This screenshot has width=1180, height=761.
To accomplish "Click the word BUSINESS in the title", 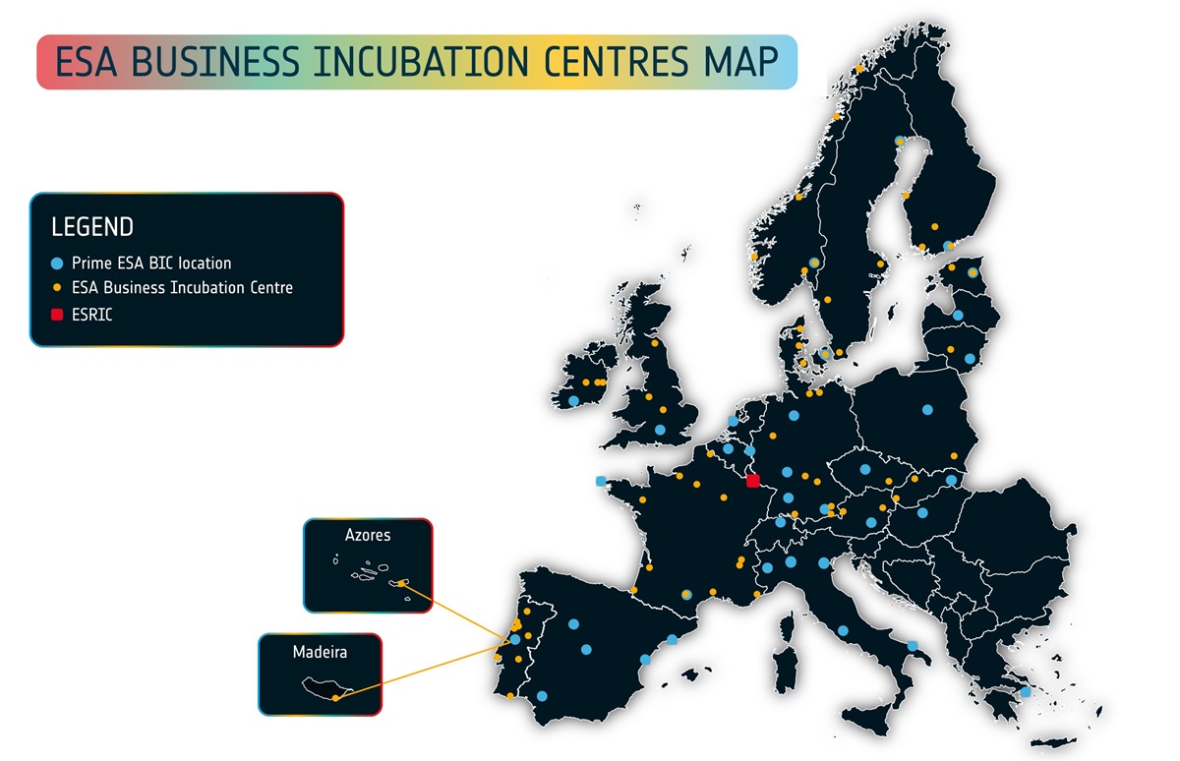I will click(x=215, y=62).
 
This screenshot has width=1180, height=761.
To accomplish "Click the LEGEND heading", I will click(x=91, y=227).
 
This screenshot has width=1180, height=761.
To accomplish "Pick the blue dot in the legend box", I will click(x=57, y=263).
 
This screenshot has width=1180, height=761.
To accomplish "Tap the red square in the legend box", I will click(x=57, y=315).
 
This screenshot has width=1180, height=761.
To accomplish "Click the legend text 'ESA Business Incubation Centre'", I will click(x=182, y=288).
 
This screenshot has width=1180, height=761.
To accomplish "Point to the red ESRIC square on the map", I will click(x=753, y=481).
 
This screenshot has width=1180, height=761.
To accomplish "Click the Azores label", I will click(x=368, y=536).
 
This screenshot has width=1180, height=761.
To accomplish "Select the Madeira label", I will click(x=320, y=651).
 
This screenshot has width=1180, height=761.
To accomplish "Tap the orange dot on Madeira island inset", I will click(x=335, y=698).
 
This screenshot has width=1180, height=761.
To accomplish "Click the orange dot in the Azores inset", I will click(x=402, y=584).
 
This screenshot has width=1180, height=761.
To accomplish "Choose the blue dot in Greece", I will click(x=1026, y=692).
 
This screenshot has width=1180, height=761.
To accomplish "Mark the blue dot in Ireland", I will click(x=574, y=401).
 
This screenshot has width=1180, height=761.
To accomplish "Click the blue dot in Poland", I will click(x=927, y=409).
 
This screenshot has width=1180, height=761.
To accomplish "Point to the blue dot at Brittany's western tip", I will click(x=601, y=481).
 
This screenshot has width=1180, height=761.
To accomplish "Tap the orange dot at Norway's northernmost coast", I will click(x=859, y=69).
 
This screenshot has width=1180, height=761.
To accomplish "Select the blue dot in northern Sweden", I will click(x=900, y=141).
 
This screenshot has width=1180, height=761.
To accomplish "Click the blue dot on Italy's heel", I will click(x=913, y=646).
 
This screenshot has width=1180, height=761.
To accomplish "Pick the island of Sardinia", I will click(x=785, y=664).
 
